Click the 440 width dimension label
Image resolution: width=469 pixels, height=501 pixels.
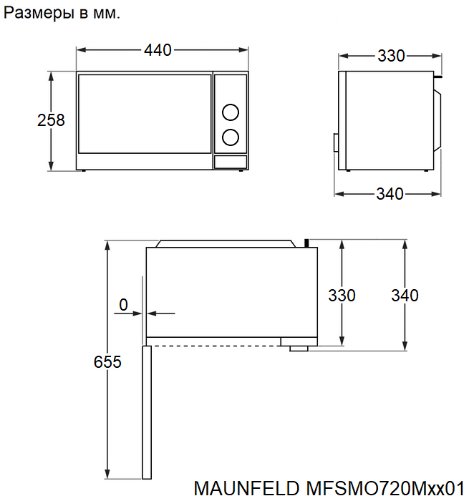click(158, 50)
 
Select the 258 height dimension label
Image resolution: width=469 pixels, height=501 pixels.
click(51, 120)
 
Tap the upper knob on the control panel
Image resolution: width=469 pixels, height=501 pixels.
click(231, 112)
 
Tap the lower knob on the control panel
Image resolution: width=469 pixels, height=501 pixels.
click(231, 137)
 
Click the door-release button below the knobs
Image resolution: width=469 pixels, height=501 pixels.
click(231, 162)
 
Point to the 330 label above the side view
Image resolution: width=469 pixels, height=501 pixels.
click(392, 56)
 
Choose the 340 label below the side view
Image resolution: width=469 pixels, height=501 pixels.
click(390, 194)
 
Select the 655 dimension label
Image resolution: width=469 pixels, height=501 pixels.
click(107, 362)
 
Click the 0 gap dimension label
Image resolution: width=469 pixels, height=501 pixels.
click(123, 305)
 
